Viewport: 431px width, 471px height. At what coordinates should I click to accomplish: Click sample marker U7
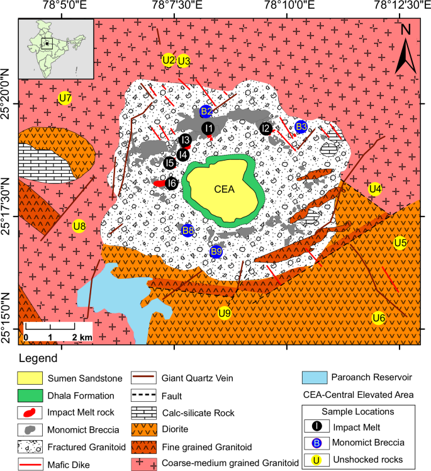coord(64,98)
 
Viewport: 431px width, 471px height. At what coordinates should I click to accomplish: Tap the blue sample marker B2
coord(206,112)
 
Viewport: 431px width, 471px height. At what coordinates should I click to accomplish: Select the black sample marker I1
coord(208,128)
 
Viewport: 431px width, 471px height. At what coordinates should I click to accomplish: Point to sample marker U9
coord(225,313)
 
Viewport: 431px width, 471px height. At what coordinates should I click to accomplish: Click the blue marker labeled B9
coord(216,252)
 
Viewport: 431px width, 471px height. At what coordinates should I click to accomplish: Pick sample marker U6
coord(378,317)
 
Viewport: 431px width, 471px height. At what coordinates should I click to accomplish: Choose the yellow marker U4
coord(375,188)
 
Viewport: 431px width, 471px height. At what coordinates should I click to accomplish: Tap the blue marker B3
coord(301,127)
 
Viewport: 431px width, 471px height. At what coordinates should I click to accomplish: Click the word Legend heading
coord(38,359)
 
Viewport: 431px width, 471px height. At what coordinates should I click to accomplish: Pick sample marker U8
coord(79,225)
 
